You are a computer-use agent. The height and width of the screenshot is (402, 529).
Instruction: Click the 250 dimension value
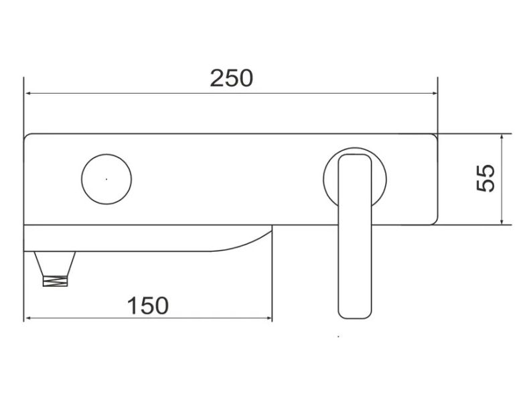232,78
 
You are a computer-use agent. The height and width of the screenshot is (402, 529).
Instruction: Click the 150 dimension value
148,306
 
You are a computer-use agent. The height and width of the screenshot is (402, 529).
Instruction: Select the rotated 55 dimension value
486,178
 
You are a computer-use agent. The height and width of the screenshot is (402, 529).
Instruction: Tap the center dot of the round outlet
106,180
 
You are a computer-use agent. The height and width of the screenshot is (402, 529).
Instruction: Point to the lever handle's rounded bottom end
355,318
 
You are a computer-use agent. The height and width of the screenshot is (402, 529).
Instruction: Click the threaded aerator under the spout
56,281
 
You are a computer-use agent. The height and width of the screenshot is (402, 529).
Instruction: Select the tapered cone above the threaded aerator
55,263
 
